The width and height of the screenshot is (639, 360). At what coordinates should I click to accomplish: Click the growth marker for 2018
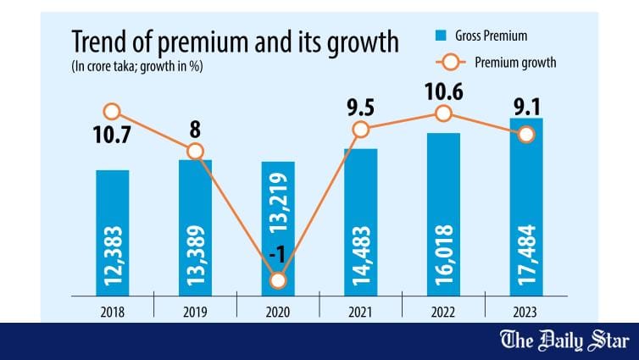pyautogui.click(x=112, y=111)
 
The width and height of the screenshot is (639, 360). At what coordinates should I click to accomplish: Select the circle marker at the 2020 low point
pyautogui.click(x=279, y=280)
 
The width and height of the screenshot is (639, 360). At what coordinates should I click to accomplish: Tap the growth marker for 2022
pyautogui.click(x=443, y=114)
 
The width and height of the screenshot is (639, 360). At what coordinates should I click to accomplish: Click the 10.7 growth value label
pyautogui.click(x=112, y=136)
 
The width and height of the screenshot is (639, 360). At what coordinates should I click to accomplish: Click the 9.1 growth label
pyautogui.click(x=526, y=108)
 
